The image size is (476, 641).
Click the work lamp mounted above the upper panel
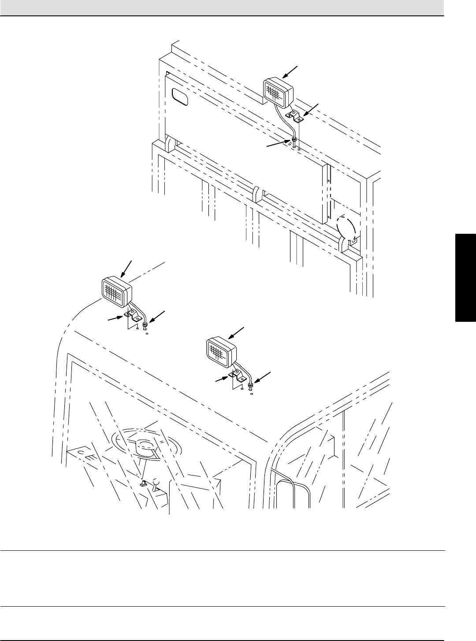278,92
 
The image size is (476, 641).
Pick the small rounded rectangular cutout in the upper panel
180,96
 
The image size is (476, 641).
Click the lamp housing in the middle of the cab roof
222,352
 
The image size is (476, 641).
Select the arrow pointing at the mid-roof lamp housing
236,333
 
